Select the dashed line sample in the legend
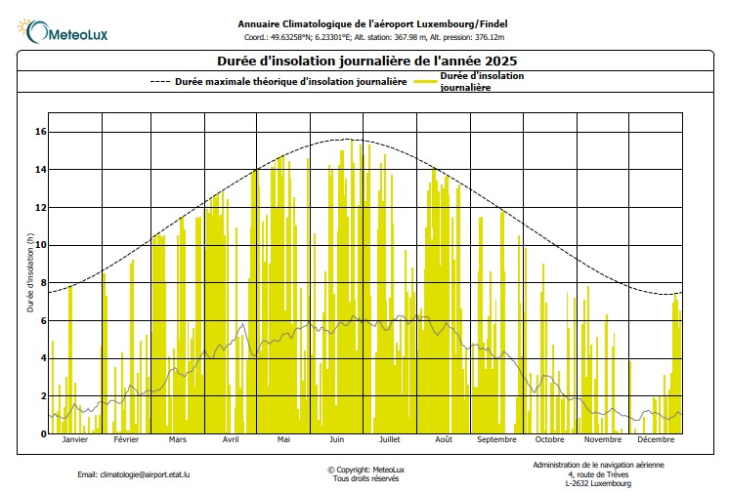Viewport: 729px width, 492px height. [160, 82]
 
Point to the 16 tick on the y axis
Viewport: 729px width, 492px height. [40, 132]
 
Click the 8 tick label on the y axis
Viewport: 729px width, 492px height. [42, 283]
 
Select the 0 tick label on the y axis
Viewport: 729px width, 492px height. [42, 433]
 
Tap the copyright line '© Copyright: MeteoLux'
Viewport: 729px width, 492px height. [365, 470]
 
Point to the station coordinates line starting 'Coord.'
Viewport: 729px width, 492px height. [374, 38]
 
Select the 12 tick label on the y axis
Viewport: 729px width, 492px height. [40, 207]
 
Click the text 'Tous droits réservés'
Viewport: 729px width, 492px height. [365, 478]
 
